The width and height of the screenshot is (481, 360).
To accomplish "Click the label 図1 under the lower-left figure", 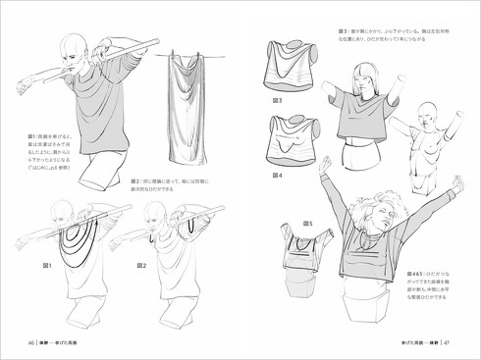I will tap(45, 266).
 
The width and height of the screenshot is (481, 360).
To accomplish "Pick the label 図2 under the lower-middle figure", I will tap(141, 266).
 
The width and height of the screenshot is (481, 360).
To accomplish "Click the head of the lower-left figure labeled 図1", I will tap(61, 208).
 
